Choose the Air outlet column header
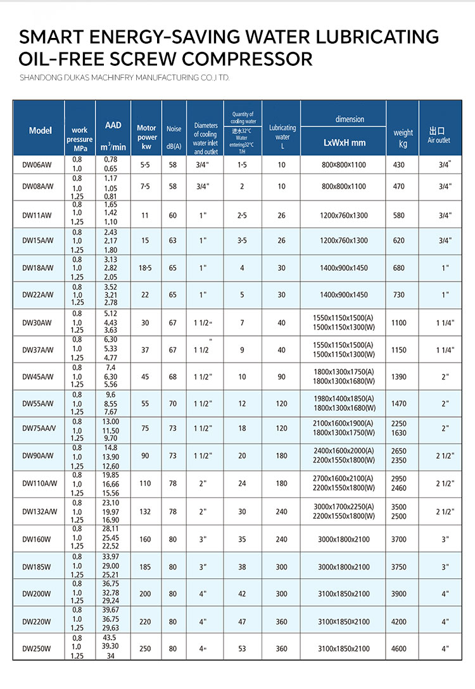click(438, 135)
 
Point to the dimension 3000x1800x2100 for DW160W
click(344, 539)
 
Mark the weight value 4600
click(400, 649)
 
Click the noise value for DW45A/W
click(173, 376)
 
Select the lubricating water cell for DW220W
click(281, 621)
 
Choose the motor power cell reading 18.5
click(145, 268)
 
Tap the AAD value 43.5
click(110, 638)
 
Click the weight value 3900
click(400, 593)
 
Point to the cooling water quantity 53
click(241, 649)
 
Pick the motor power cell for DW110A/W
click(145, 483)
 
